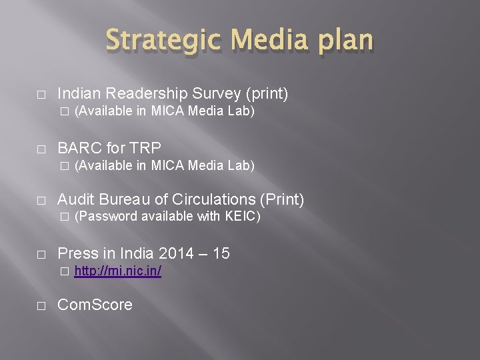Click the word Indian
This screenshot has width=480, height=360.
79,94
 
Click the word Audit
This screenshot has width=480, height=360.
75,199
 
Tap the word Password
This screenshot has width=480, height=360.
107,217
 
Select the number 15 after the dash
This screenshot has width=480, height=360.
221,253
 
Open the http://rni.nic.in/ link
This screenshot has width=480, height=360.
117,271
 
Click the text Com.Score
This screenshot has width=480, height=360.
95,305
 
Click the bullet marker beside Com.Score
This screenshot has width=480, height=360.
41,306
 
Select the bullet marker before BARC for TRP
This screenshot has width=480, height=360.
41,148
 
